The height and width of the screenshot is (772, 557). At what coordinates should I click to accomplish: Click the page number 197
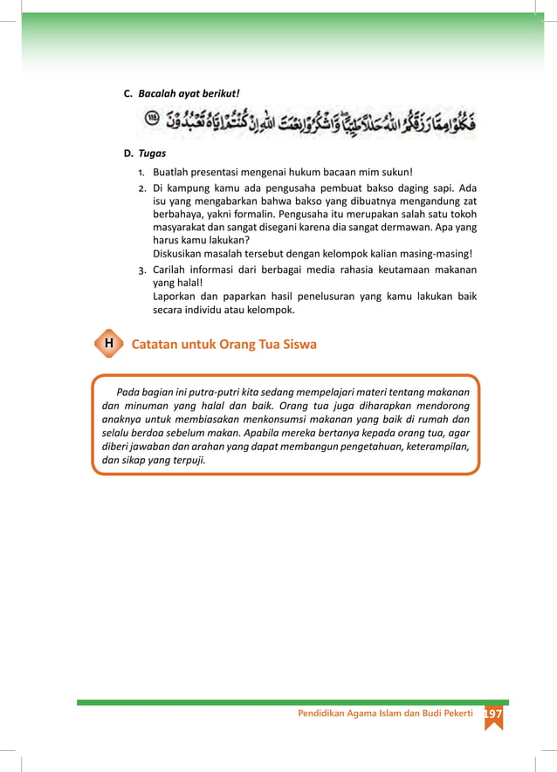[493, 713]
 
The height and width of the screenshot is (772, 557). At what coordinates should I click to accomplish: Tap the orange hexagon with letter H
[107, 344]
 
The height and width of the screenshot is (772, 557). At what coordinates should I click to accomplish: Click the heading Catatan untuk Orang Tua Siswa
[223, 345]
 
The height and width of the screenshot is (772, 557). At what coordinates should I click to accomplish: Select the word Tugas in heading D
[152, 154]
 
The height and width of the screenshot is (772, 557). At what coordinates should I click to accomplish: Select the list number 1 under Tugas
[142, 172]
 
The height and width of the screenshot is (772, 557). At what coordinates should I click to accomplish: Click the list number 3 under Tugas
[142, 270]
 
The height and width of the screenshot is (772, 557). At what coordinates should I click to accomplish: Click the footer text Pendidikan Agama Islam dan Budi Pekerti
[385, 713]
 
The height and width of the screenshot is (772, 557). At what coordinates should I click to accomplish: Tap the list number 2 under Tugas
[142, 188]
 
